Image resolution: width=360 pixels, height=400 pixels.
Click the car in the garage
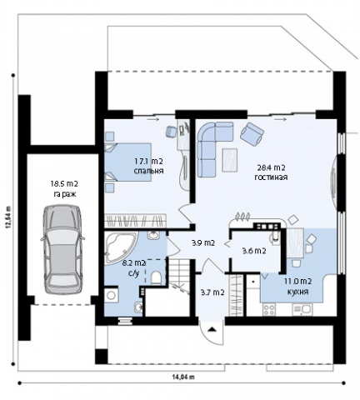click(62, 249)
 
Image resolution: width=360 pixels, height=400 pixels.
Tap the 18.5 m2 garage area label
click(64, 183)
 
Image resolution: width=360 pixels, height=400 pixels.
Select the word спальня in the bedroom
click(148, 171)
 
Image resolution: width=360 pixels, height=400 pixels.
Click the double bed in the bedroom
click(128, 162)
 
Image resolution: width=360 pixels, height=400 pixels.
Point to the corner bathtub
click(120, 247)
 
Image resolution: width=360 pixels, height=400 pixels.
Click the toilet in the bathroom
click(156, 277)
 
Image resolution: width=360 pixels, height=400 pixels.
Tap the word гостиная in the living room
click(271, 177)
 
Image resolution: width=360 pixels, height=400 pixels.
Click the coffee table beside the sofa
click(230, 160)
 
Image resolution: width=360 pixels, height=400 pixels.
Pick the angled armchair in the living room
click(252, 134)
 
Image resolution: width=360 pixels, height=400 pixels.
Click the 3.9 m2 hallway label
click(203, 243)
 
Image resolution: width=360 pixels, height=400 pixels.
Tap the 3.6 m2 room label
click(254, 251)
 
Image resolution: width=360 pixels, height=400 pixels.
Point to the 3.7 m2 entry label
click(212, 292)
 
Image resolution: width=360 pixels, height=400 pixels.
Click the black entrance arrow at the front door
click(212, 329)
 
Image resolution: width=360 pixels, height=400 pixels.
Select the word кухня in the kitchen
click(297, 292)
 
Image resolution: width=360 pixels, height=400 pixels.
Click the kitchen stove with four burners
click(269, 309)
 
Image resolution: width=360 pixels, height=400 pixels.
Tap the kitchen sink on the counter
click(302, 309)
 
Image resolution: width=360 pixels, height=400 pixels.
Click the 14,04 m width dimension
click(183, 377)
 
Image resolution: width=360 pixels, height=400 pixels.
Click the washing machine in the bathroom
click(112, 295)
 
